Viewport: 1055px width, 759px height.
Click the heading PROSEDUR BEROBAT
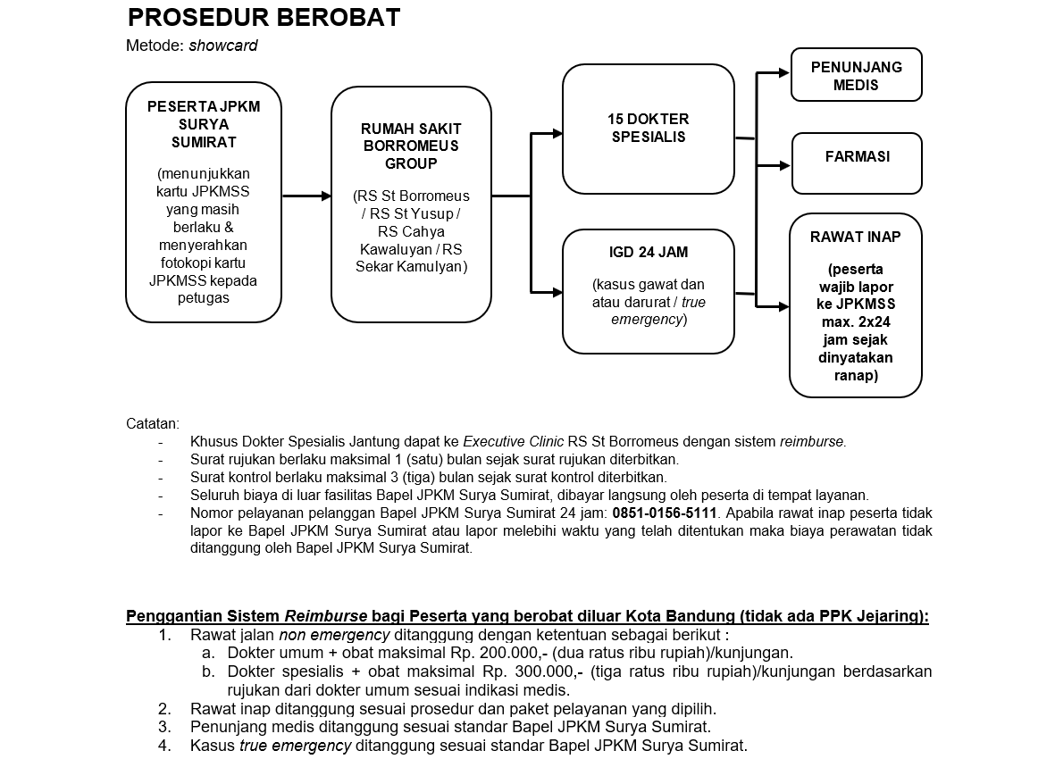click(264, 18)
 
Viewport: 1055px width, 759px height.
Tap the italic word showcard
click(222, 46)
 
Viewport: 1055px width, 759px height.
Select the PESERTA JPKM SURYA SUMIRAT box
click(204, 202)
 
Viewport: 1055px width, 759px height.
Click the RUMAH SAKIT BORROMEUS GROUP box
click(411, 204)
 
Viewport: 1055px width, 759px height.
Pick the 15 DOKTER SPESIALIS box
click(649, 129)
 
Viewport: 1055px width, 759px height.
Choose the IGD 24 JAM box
click(649, 291)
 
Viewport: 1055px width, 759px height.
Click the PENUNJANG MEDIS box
click(856, 76)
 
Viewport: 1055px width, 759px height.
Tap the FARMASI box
click(856, 163)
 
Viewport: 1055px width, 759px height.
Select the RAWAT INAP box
click(855, 304)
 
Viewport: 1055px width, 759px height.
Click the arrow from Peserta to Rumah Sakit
click(306, 196)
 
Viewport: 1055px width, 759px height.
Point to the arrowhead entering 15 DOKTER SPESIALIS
click(557, 134)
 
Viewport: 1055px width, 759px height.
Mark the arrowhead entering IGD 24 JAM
click(557, 291)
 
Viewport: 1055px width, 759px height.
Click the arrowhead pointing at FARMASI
click(785, 165)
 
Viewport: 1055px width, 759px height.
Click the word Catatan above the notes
click(153, 423)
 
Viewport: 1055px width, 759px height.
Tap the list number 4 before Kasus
click(164, 746)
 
